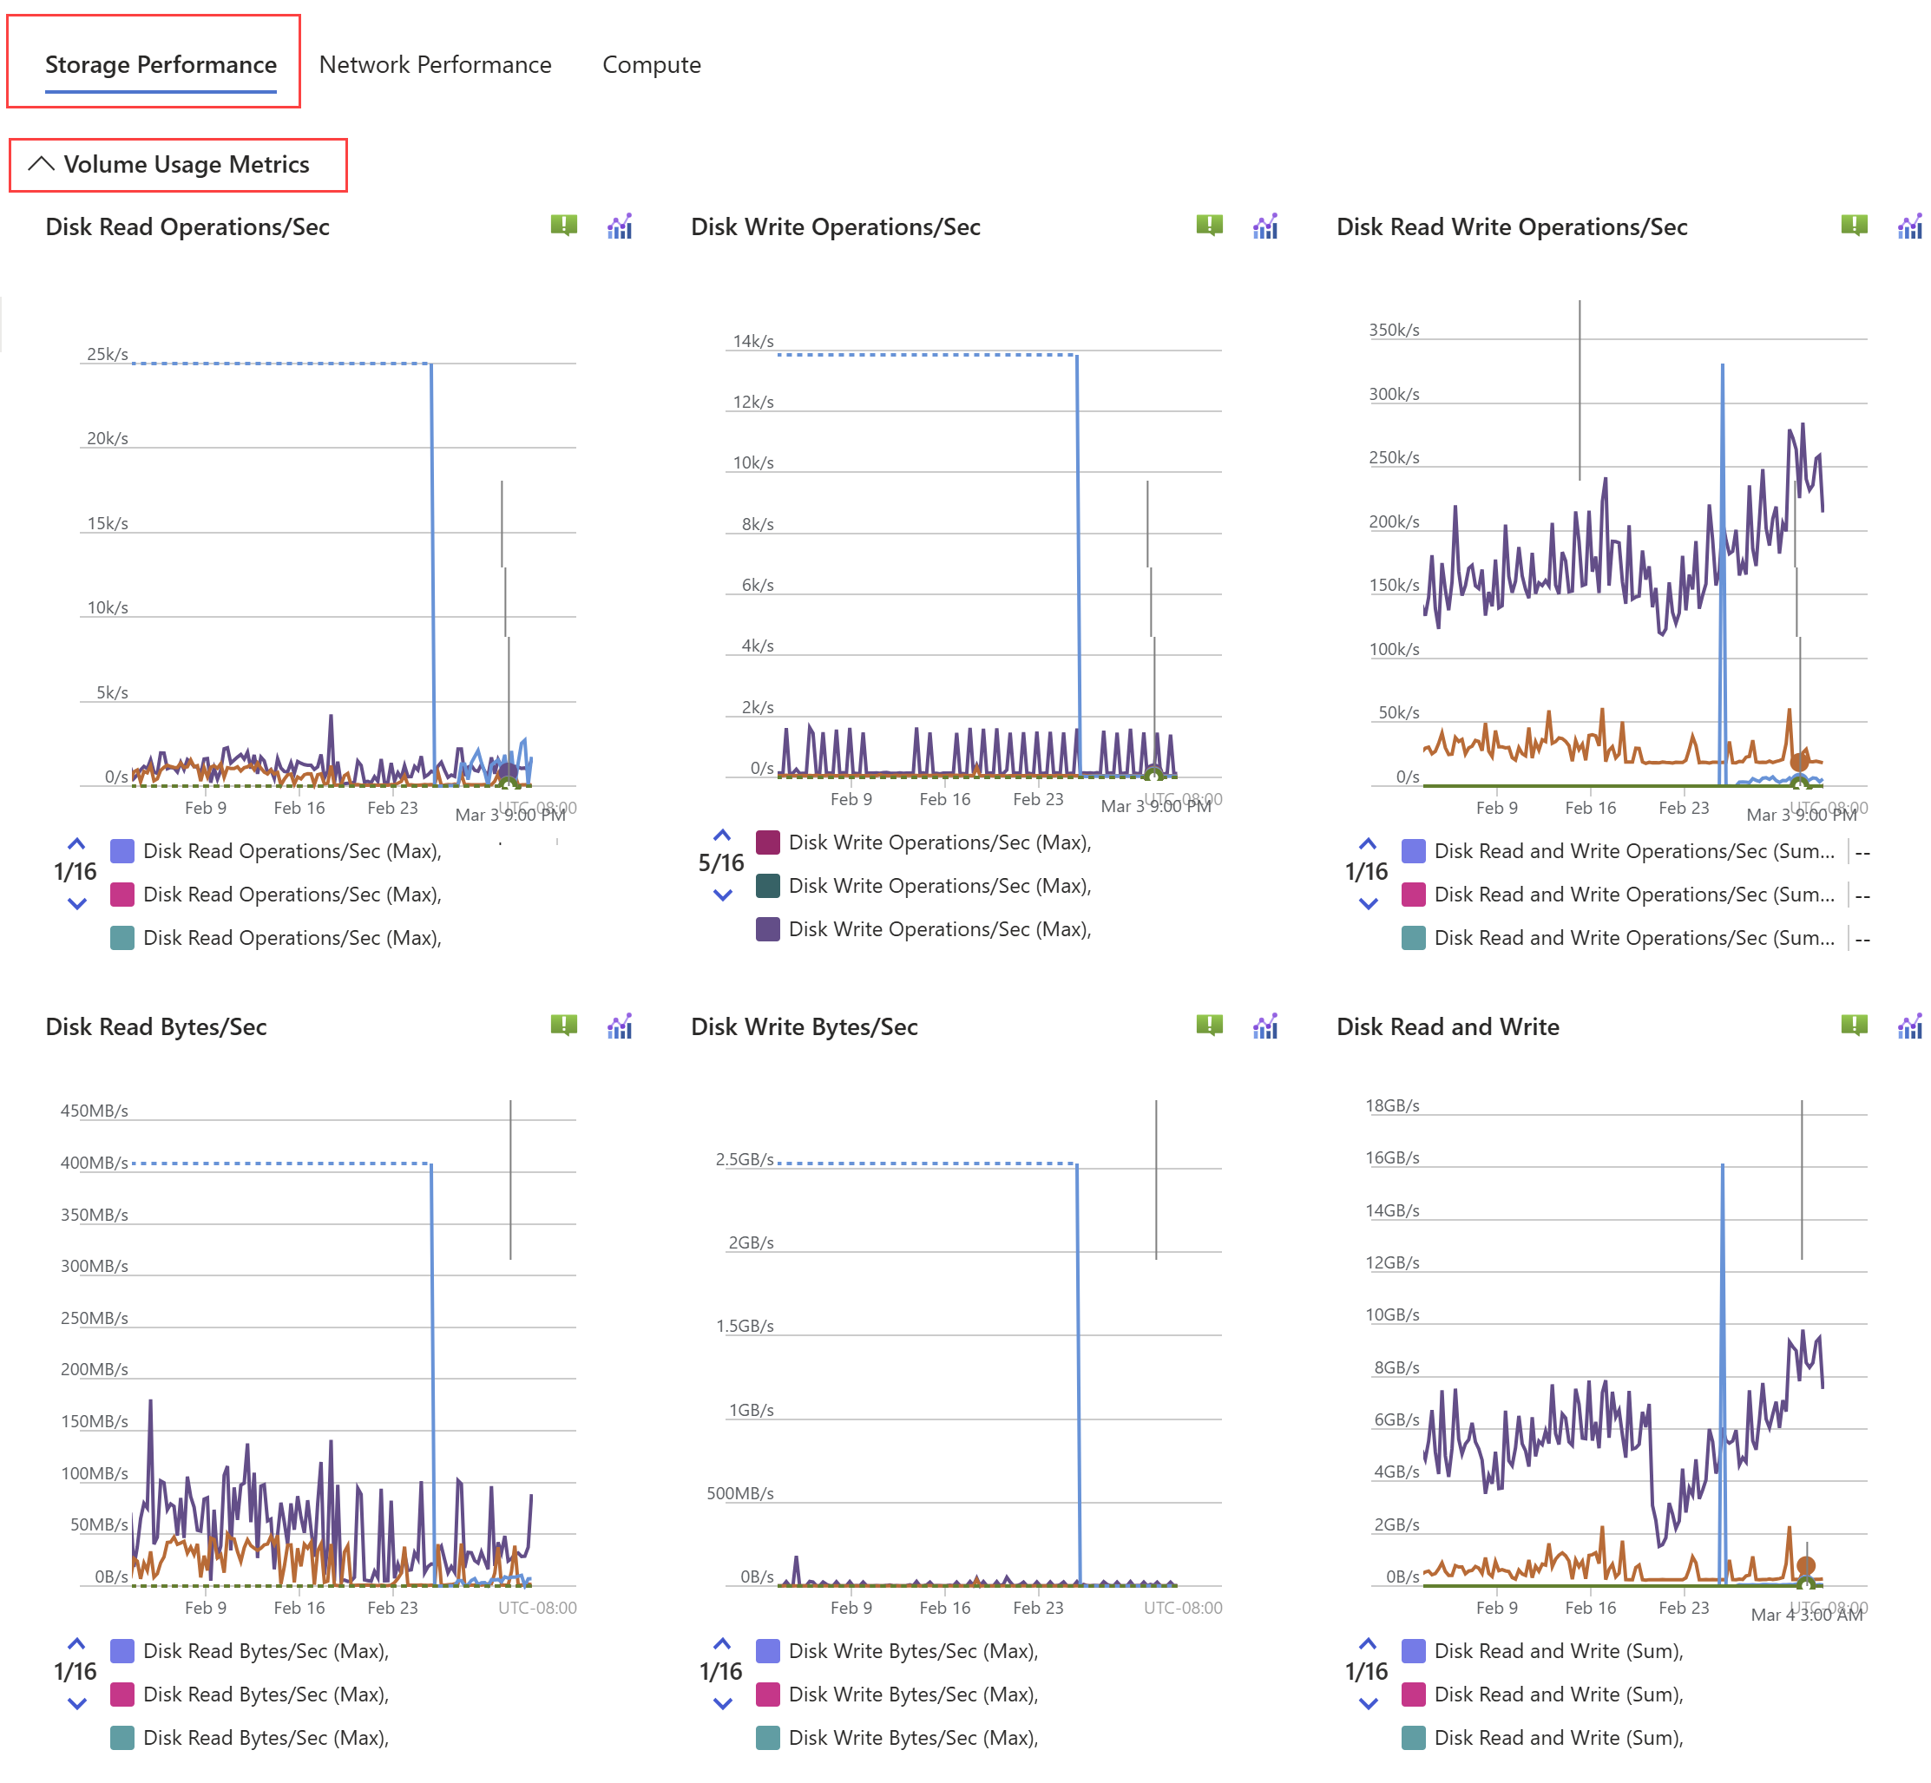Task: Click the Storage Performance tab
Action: (161, 65)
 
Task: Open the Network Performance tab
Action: (435, 65)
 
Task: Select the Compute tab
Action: (652, 65)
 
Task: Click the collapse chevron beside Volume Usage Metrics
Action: (41, 164)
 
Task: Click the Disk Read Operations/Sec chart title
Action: (187, 226)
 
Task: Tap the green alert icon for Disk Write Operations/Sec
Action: (1208, 226)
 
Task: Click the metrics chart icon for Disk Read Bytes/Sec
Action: (620, 1026)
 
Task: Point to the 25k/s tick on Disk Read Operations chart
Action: (107, 354)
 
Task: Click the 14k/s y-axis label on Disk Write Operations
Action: (752, 342)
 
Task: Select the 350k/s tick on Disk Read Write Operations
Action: (1394, 330)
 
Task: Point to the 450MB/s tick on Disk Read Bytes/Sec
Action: (94, 1111)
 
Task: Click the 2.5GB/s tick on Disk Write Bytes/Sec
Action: (744, 1159)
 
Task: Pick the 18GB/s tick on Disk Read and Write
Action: (1391, 1105)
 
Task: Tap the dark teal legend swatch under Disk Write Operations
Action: (768, 886)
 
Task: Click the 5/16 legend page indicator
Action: (721, 863)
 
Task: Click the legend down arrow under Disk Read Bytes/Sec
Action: (77, 1704)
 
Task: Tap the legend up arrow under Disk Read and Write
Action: (1368, 1643)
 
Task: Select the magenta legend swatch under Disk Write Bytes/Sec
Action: (768, 1695)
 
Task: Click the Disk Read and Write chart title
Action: (1447, 1026)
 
